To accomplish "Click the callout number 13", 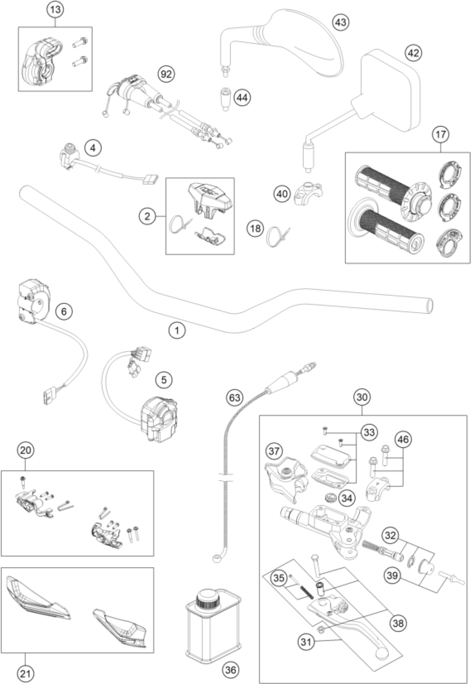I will click(x=55, y=9).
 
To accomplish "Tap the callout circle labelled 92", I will click(x=166, y=74).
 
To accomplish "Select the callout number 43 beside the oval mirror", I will click(x=341, y=22).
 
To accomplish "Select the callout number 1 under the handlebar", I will click(x=177, y=330).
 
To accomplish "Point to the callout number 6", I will click(x=64, y=311).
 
